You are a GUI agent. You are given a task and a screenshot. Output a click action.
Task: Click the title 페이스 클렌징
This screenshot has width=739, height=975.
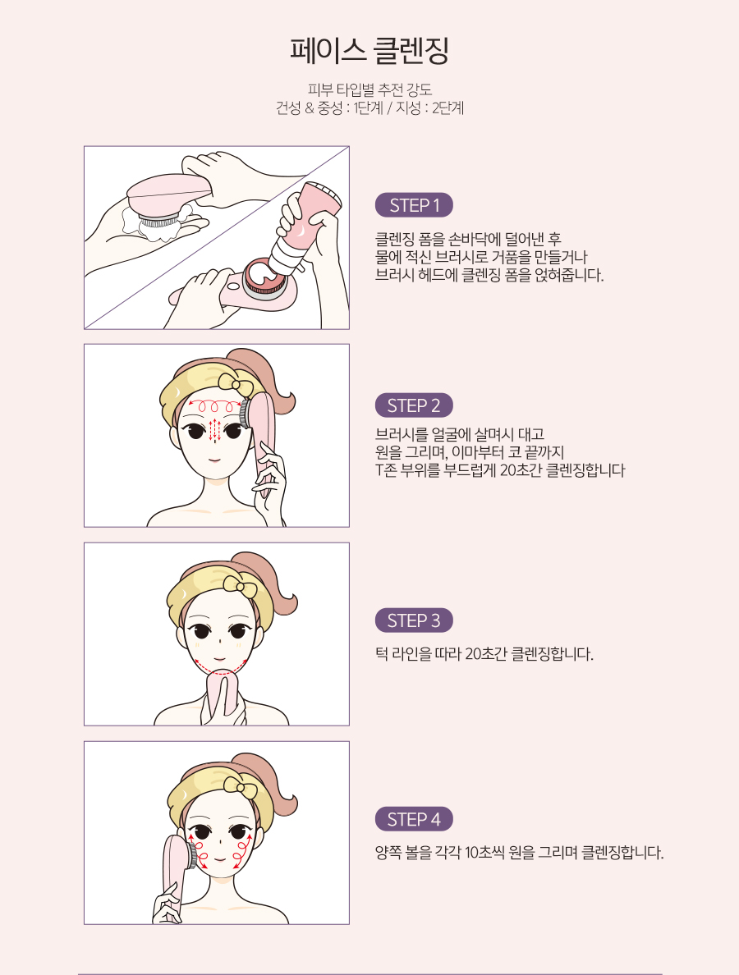369,51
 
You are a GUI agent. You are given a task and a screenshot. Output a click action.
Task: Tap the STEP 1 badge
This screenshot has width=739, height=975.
414,205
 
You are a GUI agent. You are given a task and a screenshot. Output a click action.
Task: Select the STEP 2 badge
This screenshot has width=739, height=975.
414,405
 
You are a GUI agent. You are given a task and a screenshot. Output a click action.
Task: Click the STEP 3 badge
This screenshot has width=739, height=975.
414,620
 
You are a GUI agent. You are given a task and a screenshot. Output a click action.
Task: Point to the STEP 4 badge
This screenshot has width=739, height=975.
414,819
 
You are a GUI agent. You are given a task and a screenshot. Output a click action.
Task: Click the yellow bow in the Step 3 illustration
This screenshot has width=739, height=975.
240,584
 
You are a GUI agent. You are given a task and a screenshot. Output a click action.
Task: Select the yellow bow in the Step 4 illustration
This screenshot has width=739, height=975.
240,785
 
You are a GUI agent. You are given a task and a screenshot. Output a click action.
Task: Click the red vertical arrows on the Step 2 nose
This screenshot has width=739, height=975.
214,430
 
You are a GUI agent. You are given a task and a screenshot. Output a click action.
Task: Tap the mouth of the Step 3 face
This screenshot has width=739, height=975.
219,658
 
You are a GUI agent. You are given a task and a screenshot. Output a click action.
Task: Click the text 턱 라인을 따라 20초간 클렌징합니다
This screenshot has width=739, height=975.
484,654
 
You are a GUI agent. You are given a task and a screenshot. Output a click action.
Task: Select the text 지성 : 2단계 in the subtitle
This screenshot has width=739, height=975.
429,108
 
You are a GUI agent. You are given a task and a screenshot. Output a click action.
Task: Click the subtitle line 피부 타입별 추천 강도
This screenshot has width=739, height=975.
369,89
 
